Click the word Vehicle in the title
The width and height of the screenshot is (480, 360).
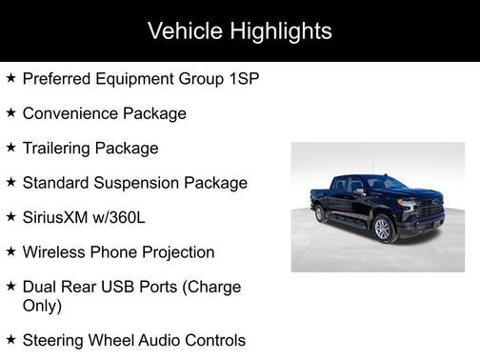(183, 30)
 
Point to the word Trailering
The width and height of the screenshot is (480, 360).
(59, 149)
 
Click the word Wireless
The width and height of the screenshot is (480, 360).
(54, 252)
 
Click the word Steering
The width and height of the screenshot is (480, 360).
(56, 340)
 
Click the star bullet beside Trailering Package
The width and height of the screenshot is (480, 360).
(10, 148)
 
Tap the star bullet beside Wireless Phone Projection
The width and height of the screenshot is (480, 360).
(10, 251)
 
